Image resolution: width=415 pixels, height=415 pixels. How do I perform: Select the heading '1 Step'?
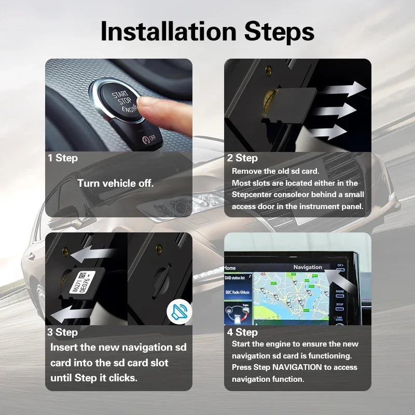click(x=63, y=158)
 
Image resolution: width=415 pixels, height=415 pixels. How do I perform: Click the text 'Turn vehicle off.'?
click(x=116, y=183)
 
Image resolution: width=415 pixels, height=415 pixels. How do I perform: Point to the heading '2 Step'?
click(x=242, y=158)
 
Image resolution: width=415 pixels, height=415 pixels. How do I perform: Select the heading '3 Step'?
click(x=63, y=332)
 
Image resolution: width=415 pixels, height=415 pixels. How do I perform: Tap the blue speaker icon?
click(x=179, y=312)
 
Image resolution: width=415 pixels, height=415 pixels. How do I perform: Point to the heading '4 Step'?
click(x=242, y=332)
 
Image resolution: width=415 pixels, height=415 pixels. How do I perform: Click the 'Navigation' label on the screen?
click(x=308, y=267)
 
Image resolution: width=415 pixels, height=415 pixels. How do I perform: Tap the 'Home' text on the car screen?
click(x=230, y=268)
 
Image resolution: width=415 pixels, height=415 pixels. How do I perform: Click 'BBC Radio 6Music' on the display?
click(x=238, y=293)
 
